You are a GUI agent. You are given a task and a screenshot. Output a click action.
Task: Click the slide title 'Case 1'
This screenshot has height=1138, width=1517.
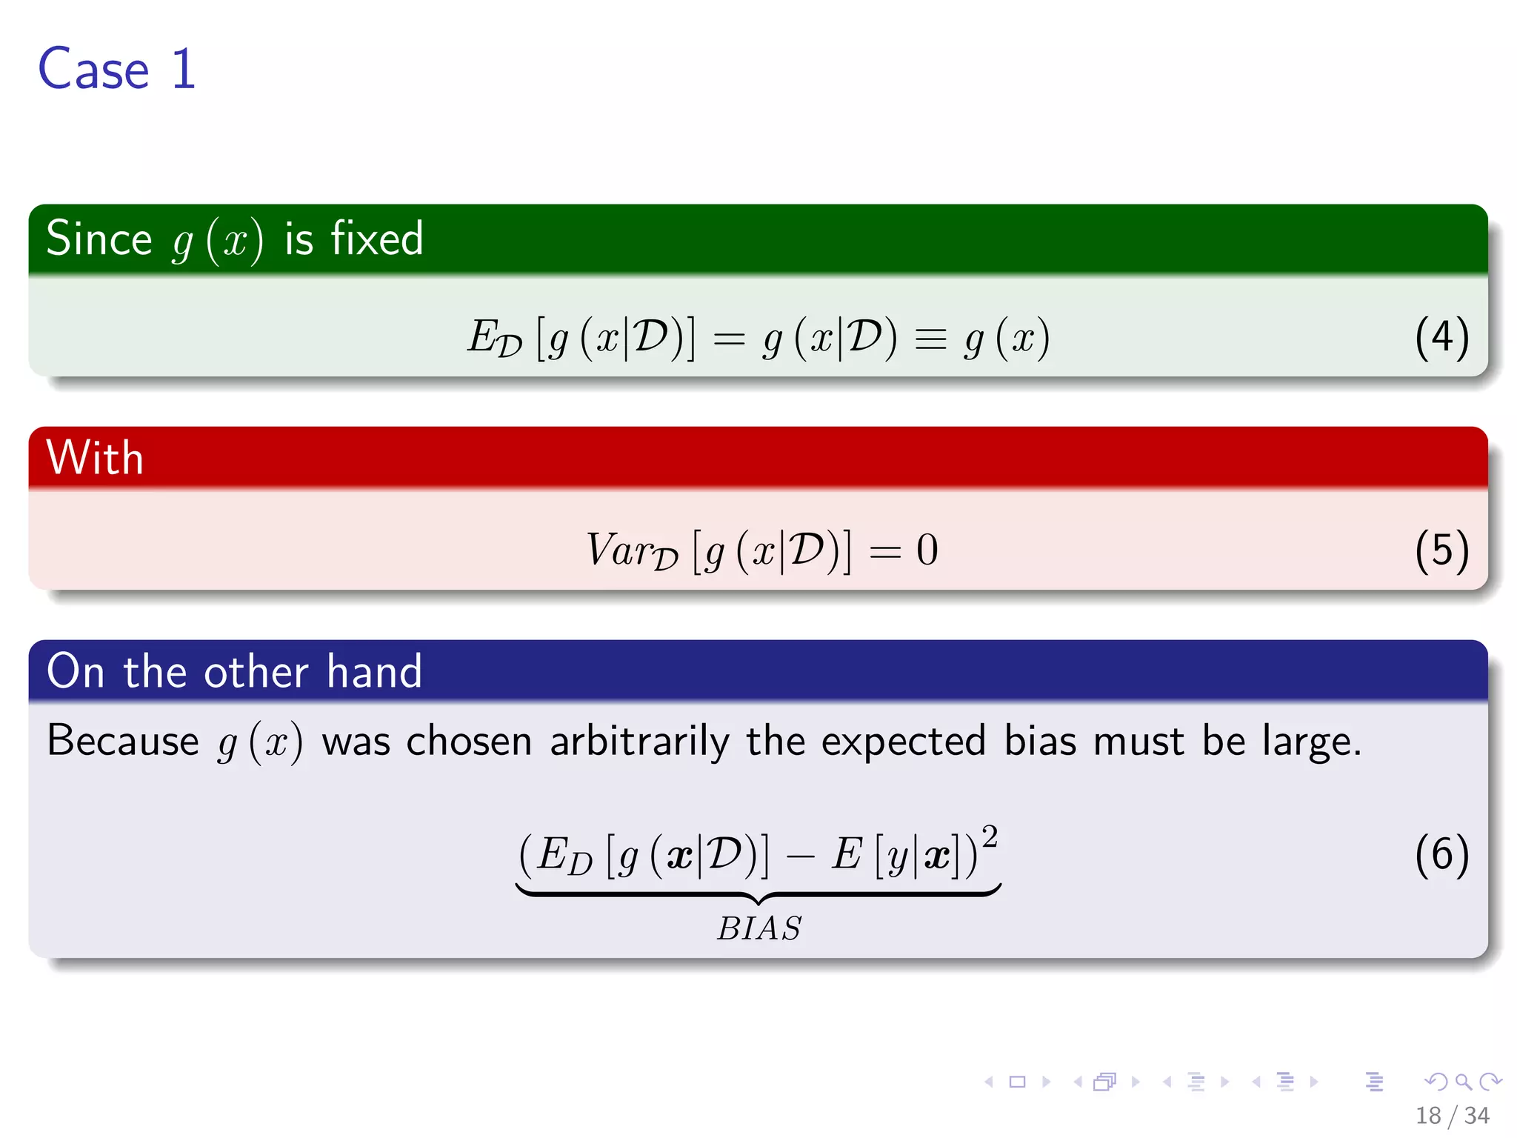117,69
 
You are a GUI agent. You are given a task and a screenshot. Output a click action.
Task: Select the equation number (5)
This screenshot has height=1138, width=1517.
1441,550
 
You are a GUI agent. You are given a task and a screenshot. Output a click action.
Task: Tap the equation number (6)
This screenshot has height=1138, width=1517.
1441,854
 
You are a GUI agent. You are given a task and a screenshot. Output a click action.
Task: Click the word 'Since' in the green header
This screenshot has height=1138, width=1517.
99,239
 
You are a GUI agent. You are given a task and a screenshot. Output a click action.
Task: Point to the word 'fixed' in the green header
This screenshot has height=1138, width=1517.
376,239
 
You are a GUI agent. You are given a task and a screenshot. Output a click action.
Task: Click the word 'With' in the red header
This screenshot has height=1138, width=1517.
94,457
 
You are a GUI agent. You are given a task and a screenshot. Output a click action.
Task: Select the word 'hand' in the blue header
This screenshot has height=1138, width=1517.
374,671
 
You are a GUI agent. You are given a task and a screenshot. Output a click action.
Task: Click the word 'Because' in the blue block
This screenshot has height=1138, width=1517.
123,740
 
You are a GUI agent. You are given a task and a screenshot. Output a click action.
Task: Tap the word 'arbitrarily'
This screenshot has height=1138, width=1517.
639,741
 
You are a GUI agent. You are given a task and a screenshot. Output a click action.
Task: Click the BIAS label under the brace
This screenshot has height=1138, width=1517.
759,928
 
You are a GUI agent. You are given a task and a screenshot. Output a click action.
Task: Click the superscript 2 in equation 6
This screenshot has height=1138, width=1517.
990,836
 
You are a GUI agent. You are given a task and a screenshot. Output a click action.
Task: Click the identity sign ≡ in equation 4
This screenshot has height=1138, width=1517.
930,339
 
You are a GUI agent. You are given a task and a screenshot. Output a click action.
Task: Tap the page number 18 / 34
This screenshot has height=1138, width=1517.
1452,1115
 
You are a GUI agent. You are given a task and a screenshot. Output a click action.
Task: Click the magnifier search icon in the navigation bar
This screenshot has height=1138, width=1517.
1463,1082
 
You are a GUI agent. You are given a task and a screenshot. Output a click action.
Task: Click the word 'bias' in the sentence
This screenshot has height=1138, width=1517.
1040,741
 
